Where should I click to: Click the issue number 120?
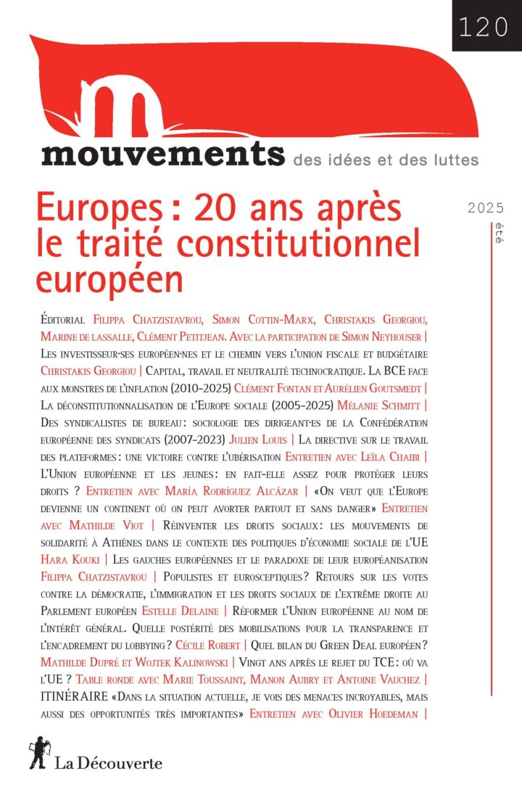tap(483, 26)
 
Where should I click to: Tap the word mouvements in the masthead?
tap(163, 155)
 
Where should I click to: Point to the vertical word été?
tap(498, 234)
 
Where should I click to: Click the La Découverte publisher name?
tap(109, 762)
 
